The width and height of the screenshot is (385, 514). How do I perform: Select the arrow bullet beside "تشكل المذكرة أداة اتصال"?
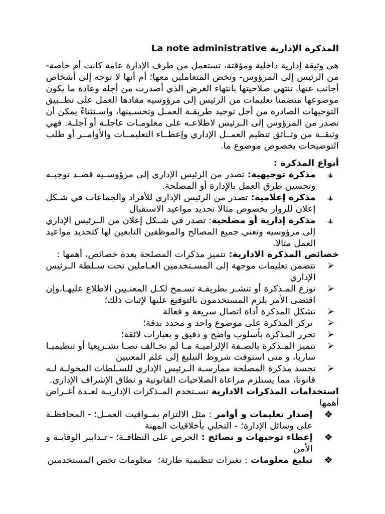tap(330, 312)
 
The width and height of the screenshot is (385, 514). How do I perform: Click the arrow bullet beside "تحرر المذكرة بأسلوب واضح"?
tap(330, 334)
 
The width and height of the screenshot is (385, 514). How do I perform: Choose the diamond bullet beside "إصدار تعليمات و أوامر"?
tap(329, 415)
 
